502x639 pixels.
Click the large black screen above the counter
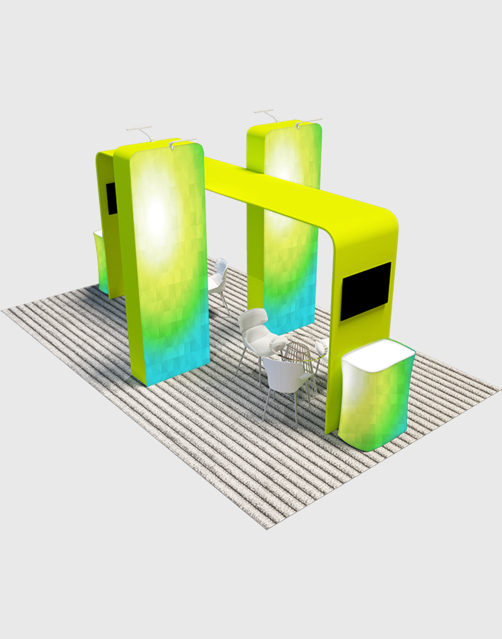pos(366,291)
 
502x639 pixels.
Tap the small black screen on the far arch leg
pos(111,198)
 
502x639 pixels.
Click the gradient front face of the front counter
pos(376,406)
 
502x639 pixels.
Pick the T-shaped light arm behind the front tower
pos(140,131)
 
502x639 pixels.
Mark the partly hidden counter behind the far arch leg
pos(101,260)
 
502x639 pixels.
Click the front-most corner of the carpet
pos(267,529)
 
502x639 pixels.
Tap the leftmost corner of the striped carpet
pos(4,310)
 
